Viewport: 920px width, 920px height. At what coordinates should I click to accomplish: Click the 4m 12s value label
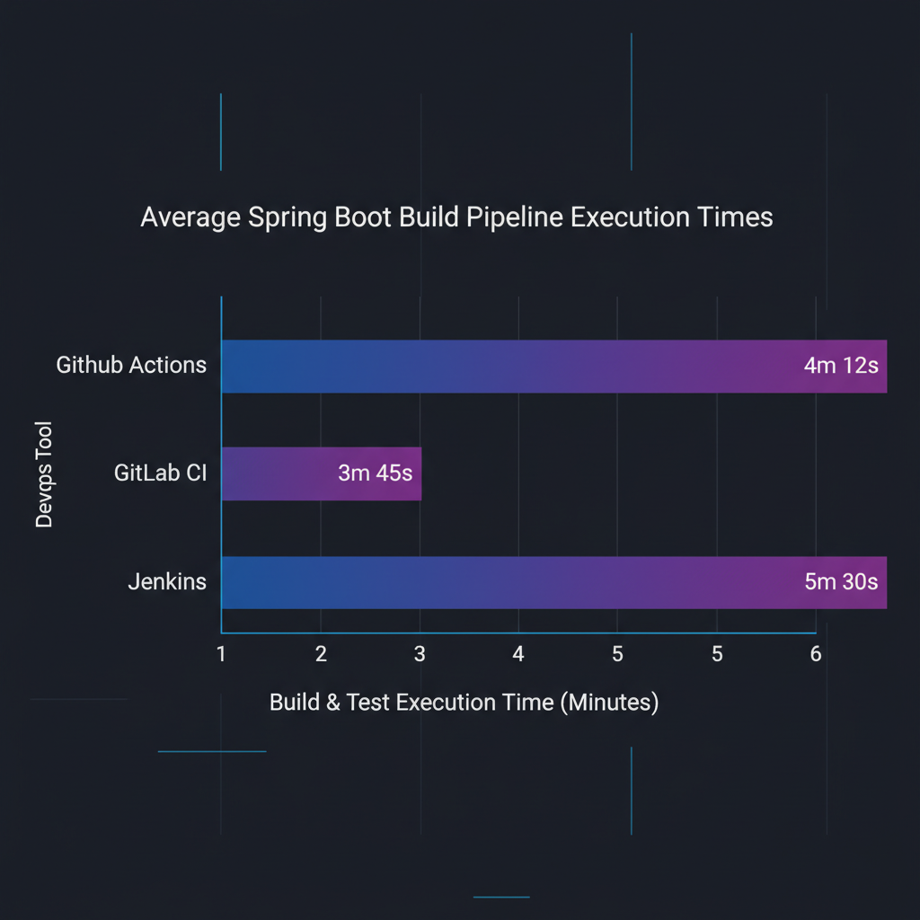click(840, 367)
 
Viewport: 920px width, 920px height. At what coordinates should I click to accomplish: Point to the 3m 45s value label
click(375, 473)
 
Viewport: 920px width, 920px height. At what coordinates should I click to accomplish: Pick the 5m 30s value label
click(841, 582)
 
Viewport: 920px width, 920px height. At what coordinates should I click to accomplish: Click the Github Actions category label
click(131, 366)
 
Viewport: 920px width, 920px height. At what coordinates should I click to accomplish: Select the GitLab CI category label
click(160, 473)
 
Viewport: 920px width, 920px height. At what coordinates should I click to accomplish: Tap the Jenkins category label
click(167, 582)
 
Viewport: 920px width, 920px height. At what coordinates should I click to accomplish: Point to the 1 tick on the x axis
click(221, 654)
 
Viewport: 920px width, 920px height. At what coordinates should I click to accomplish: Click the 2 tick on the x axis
click(321, 654)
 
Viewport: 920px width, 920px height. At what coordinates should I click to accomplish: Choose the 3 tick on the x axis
click(420, 654)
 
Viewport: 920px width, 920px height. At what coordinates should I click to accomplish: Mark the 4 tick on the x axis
click(518, 654)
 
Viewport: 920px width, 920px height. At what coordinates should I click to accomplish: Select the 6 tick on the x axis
click(816, 654)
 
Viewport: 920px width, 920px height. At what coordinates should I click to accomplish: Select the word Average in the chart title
click(182, 218)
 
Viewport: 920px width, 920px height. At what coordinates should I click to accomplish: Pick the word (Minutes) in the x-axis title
click(609, 703)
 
